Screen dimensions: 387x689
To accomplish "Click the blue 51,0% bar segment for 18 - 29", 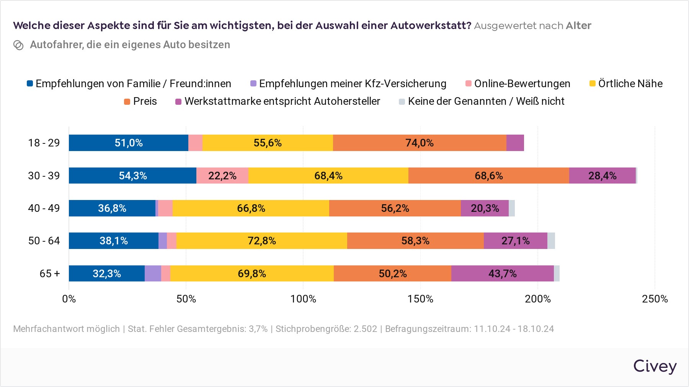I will [129, 143].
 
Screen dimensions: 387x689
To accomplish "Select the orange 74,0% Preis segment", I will [420, 143].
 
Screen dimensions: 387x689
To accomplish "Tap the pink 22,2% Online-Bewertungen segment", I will [222, 176].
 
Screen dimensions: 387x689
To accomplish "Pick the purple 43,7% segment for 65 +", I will [502, 273].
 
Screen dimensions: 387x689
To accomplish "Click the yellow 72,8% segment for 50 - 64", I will [262, 241].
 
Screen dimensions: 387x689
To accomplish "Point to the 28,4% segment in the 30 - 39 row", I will [602, 176].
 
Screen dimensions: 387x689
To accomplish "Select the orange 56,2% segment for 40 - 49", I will [395, 208].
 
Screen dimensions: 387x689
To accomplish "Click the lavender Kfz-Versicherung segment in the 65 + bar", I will [153, 273].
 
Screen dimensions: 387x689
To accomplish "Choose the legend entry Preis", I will [140, 101].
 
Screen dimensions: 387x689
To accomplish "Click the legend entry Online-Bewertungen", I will [518, 84].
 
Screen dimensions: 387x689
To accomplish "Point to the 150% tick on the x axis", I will [420, 299].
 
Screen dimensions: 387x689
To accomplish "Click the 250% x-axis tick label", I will [655, 299].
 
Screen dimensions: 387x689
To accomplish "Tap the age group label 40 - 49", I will [44, 208].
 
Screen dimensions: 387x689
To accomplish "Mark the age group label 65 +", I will [50, 274].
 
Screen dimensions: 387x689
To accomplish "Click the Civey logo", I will [655, 366].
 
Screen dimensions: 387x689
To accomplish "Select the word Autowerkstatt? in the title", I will [431, 26].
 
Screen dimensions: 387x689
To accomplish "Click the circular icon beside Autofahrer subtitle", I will [18, 45].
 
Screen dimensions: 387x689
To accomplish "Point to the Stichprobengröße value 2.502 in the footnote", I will [365, 329].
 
